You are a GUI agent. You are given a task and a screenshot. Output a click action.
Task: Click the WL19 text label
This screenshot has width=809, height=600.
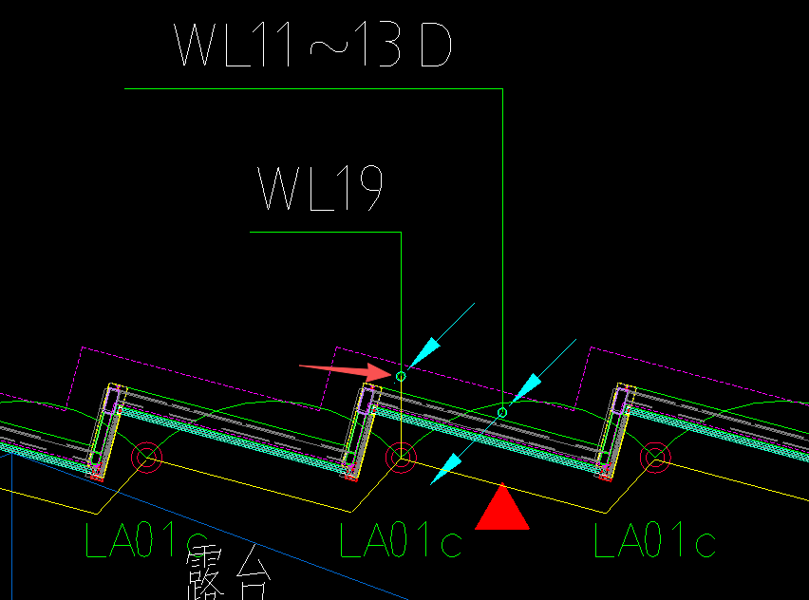(x=320, y=188)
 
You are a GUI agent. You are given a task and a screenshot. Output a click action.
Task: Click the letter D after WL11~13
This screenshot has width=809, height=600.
(x=436, y=46)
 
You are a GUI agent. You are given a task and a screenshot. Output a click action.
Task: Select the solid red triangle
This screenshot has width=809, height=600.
(x=502, y=507)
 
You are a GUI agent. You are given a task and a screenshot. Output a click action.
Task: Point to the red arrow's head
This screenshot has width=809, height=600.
(x=379, y=371)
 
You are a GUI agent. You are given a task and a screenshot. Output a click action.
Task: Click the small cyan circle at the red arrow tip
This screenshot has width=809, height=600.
(x=401, y=377)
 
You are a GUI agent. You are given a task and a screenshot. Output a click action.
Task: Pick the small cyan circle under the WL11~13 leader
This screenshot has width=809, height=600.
(x=502, y=413)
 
